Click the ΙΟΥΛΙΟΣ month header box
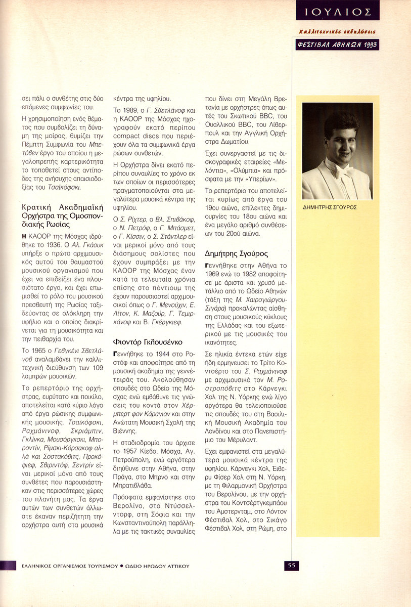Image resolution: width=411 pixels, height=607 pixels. click(338, 10)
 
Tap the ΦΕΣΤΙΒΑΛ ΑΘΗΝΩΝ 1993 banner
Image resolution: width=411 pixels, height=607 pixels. click(338, 45)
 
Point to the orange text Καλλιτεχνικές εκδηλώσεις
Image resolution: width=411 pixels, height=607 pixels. click(338, 32)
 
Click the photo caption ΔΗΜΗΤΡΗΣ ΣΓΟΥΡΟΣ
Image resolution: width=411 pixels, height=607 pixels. click(329, 207)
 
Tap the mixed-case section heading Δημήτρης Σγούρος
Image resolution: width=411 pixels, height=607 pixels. click(236, 253)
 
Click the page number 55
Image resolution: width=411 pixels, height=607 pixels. click(292, 566)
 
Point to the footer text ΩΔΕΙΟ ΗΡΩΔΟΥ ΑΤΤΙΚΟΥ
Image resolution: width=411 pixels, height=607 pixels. click(158, 566)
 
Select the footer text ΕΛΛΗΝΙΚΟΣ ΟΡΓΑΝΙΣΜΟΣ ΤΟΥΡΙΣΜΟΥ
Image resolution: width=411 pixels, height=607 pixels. click(66, 566)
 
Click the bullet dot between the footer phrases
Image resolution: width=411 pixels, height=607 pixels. click(122, 566)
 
